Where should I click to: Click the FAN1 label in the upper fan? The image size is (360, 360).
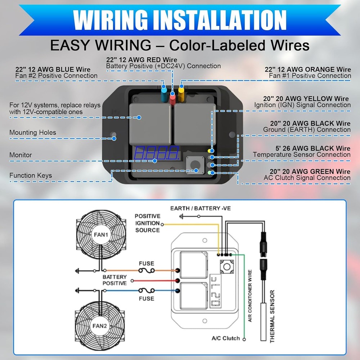pyautogui.click(x=101, y=235)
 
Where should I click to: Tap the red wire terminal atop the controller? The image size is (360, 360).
pyautogui.click(x=172, y=96)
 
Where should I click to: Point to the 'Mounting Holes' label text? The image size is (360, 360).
pyautogui.click(x=33, y=132)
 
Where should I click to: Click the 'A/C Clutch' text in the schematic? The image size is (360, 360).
pyautogui.click(x=225, y=338)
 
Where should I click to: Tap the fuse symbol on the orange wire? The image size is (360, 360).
pyautogui.click(x=147, y=270)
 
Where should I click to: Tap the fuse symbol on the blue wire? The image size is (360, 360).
pyautogui.click(x=147, y=291)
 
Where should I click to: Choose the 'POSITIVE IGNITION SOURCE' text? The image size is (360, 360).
pyautogui.click(x=148, y=223)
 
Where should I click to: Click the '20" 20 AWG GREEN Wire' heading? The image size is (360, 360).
pyautogui.click(x=310, y=171)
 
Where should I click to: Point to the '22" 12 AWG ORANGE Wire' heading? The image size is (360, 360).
pyautogui.click(x=308, y=69)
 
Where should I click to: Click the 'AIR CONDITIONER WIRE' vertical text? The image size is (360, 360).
pyautogui.click(x=250, y=296)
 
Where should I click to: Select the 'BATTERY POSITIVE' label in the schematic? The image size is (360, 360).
pyautogui.click(x=114, y=280)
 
